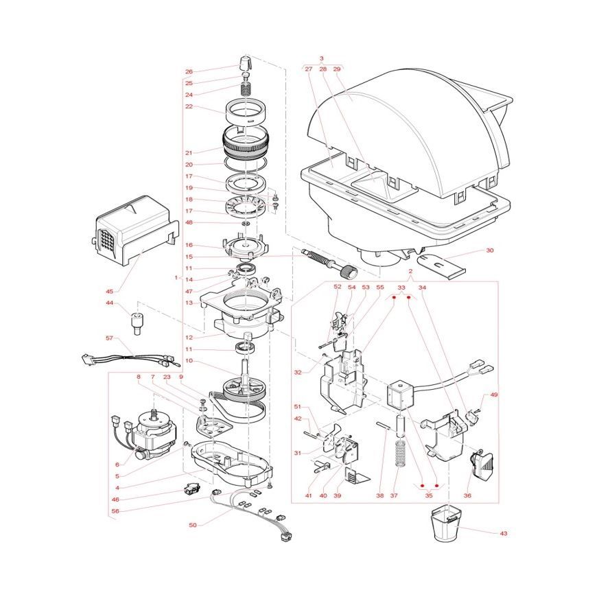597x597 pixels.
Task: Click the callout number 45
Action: tap(109, 292)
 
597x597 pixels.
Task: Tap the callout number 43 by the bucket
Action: tap(504, 533)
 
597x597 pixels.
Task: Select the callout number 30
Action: tap(490, 250)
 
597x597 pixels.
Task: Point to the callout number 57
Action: tap(109, 338)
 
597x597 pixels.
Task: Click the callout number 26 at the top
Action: tap(189, 71)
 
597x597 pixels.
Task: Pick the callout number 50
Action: tap(193, 525)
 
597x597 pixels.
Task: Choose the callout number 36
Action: tap(467, 495)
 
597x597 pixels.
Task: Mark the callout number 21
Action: tap(189, 153)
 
